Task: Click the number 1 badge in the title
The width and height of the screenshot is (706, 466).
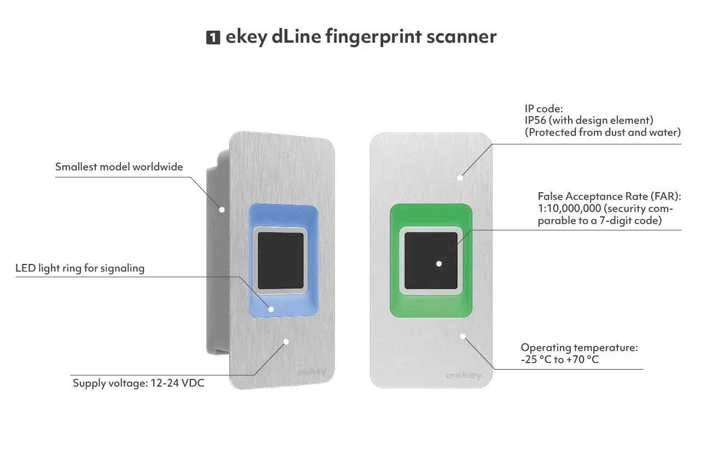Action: tap(213, 38)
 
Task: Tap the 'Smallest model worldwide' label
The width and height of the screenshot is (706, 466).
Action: tap(119, 166)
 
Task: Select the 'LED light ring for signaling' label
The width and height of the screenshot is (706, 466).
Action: tap(80, 268)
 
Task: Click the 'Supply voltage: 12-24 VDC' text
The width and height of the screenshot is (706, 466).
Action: tap(138, 383)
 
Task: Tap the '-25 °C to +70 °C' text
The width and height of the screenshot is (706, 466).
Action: tap(559, 360)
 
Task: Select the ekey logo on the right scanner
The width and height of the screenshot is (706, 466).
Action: tap(464, 376)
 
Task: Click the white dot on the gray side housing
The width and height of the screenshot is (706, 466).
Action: tap(222, 209)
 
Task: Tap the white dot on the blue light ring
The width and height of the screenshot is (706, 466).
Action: tap(271, 309)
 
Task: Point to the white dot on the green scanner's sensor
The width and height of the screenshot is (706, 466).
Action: tap(439, 263)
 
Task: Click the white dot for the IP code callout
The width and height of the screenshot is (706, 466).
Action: tap(460, 177)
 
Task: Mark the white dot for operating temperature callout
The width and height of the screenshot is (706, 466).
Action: tap(463, 336)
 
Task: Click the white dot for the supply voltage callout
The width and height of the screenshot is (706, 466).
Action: tap(286, 341)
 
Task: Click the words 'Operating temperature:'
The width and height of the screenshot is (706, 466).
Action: tap(579, 348)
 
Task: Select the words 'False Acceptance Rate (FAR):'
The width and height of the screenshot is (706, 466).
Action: tap(609, 196)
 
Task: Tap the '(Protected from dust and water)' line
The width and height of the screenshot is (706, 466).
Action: tap(603, 132)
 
